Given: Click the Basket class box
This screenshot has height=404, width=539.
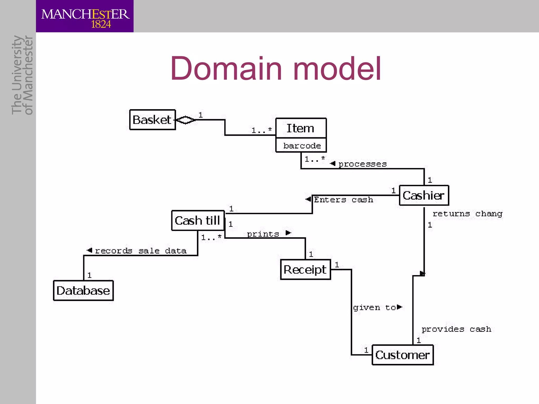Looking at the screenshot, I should coord(152,120).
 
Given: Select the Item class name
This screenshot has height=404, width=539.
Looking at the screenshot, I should coord(300,128).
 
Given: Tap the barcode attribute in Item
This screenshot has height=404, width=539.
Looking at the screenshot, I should coord(302,146).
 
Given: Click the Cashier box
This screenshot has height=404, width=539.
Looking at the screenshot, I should coord(424,195).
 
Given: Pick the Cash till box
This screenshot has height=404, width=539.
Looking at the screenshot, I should coord(198,220).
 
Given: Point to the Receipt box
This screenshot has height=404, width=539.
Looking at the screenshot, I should coord(305,270).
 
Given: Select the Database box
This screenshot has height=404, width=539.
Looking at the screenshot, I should coord(83,291).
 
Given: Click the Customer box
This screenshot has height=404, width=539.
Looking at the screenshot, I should coord(402,355).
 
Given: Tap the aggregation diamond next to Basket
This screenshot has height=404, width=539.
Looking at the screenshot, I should coord(186,120).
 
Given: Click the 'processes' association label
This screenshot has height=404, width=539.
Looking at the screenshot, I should coord(362,164).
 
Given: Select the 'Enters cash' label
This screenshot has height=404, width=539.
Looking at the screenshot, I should coord(343,200).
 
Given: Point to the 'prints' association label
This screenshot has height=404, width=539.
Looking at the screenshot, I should coord(263,234).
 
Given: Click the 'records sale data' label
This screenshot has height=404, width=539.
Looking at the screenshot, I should coord(140,251).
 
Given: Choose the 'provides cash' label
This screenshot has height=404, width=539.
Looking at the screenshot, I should coord(456,329).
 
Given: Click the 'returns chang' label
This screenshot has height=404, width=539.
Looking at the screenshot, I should coord(467,214).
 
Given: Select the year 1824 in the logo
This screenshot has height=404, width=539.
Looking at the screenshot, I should coord(101,24).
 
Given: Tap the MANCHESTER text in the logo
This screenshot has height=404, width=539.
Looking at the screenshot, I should coord(85,14).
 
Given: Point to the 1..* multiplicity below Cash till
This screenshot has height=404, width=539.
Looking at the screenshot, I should coord(211,238).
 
